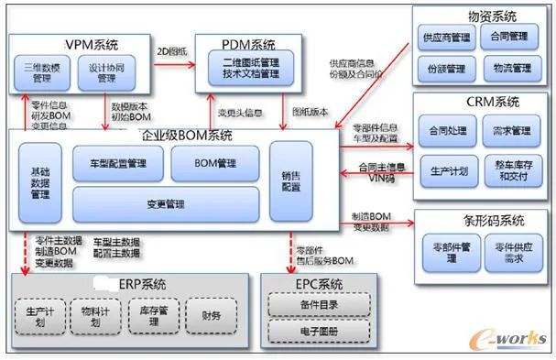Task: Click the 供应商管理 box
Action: [446, 38]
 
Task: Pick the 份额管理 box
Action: [446, 68]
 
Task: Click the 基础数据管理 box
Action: [40, 182]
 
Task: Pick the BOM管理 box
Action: [216, 163]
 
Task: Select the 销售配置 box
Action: [290, 180]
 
